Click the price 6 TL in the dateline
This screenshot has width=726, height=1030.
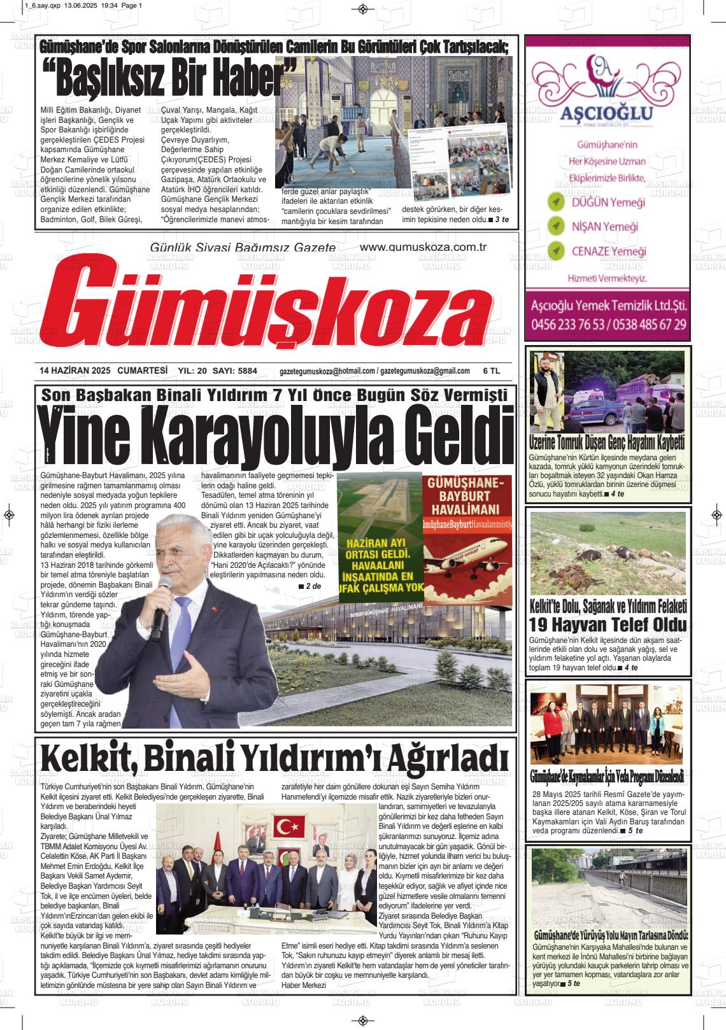tap(492, 371)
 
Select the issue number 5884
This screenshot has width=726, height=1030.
tap(243, 371)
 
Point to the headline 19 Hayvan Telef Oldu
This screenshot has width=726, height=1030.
tap(608, 624)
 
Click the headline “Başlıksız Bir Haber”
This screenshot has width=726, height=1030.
tap(169, 80)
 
